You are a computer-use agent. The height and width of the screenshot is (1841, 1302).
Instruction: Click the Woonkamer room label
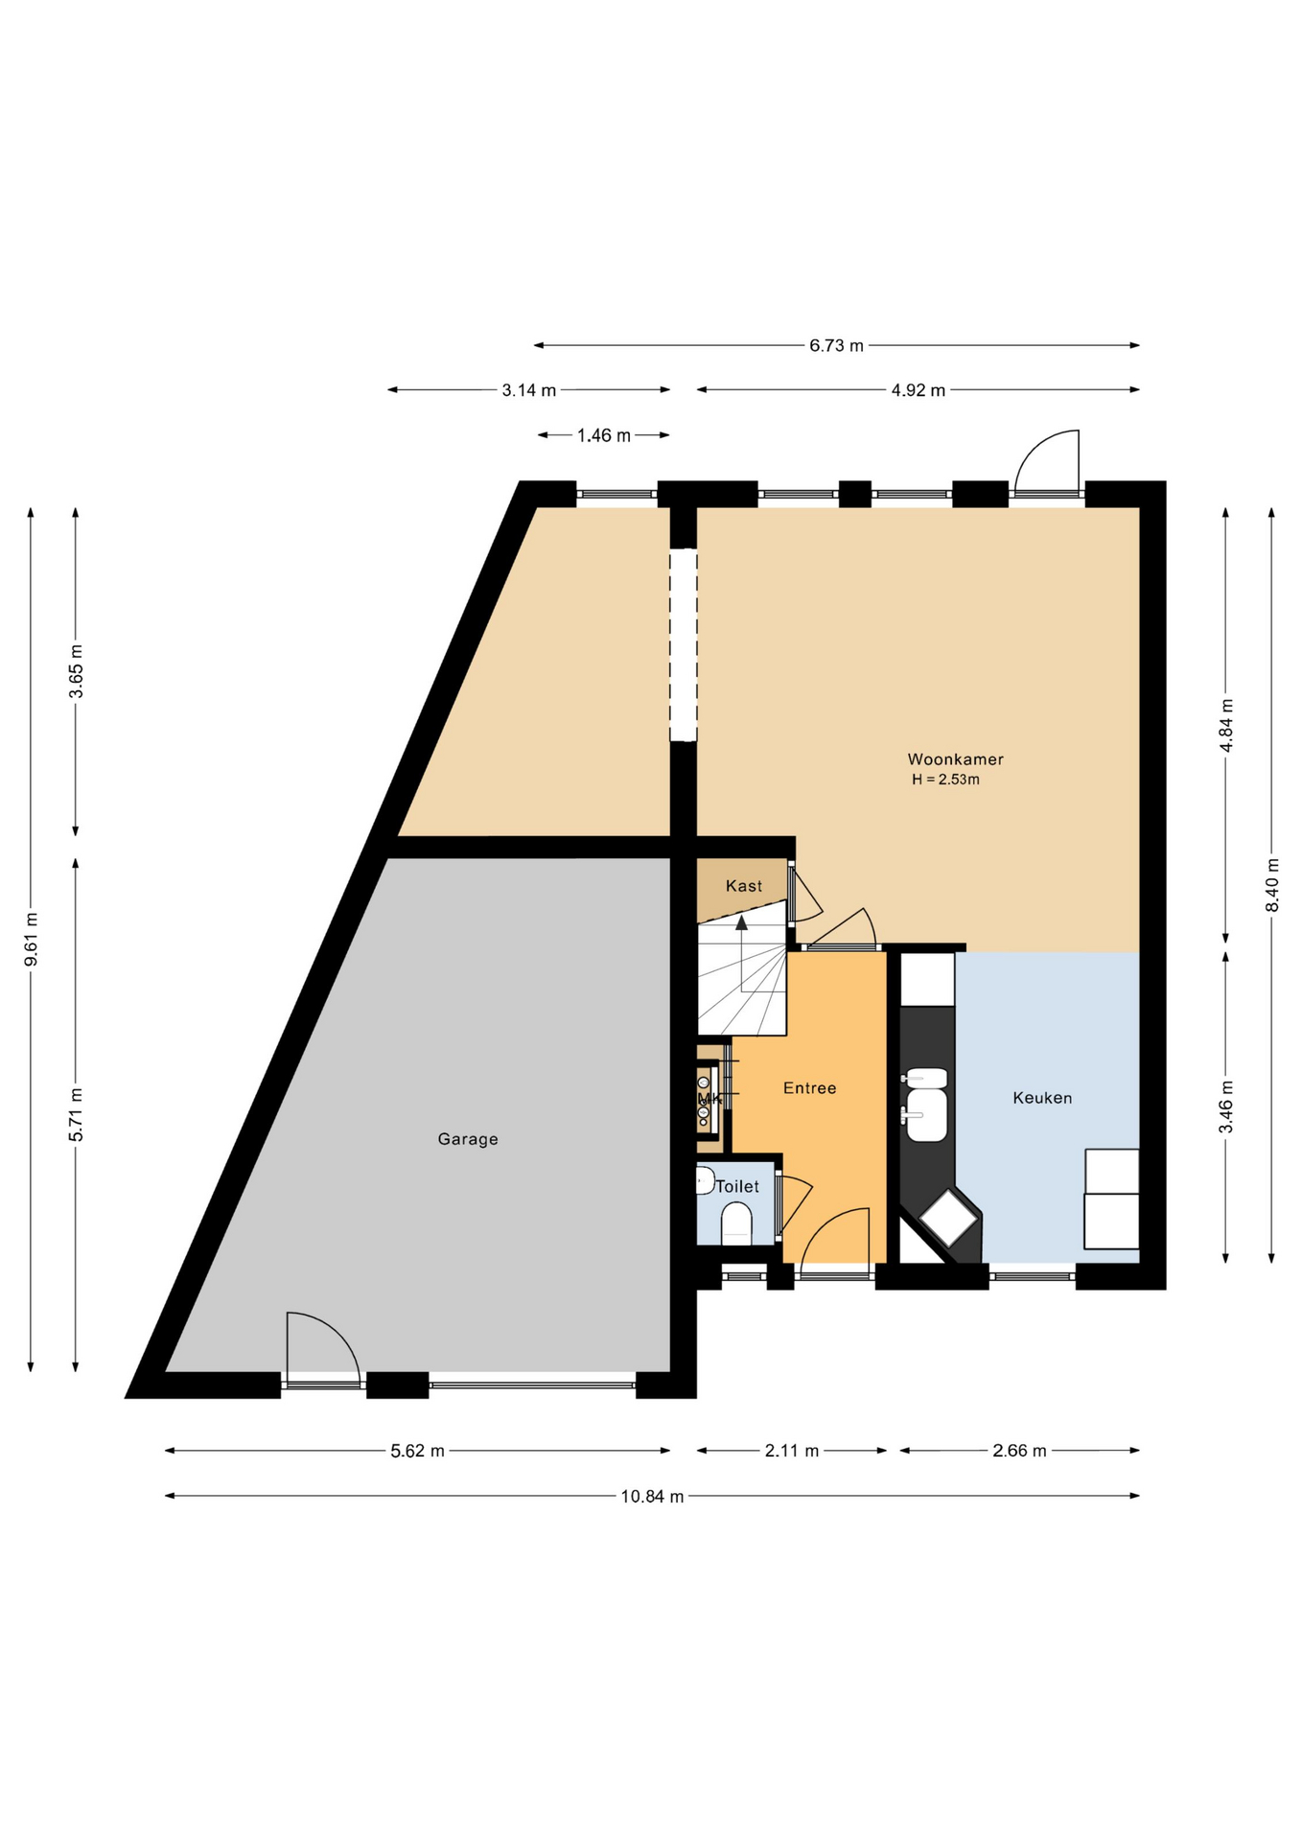[955, 759]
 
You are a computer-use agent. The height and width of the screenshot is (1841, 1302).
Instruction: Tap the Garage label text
[468, 1139]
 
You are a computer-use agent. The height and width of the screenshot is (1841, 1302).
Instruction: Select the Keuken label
[1042, 1098]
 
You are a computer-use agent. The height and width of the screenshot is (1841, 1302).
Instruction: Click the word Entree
[809, 1088]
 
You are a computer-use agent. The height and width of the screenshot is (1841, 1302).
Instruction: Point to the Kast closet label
[744, 886]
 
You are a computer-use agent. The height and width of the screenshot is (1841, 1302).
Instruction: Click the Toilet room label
[737, 1186]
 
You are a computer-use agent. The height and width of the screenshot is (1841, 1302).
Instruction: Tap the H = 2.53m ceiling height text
[945, 780]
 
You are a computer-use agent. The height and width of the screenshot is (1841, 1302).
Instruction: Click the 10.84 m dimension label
[652, 1496]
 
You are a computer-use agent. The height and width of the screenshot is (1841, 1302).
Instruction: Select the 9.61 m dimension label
[31, 940]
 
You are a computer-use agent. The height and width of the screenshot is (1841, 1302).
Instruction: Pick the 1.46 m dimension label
[604, 435]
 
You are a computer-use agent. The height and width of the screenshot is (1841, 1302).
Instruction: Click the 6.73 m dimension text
[836, 345]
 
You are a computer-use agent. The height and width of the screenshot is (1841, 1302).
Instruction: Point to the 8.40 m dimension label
[1271, 884]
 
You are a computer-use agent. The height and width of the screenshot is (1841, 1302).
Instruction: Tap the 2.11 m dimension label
[792, 1451]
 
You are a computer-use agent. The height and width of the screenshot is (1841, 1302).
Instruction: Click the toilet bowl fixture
[736, 1224]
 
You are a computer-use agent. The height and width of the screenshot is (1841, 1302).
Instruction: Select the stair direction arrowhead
[741, 922]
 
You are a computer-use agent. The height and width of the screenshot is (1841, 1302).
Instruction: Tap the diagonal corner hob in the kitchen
[948, 1218]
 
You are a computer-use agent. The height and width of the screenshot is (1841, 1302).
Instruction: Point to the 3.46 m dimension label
[1225, 1107]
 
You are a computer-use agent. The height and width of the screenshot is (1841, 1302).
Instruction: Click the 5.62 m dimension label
[417, 1451]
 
